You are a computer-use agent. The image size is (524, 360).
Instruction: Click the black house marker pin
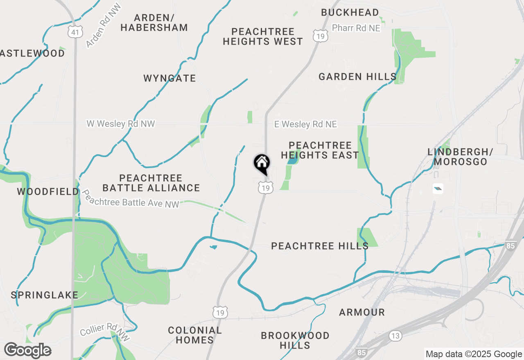coord(262,164)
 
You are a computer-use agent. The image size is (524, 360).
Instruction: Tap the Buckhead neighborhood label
coord(350,12)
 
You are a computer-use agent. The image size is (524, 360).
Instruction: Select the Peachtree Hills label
coord(320,246)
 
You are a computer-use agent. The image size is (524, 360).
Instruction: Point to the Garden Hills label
coord(357,76)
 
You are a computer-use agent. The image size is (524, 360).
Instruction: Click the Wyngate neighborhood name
coord(169,78)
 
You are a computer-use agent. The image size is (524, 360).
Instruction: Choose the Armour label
coord(362,313)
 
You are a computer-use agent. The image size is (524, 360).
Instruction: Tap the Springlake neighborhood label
coord(45,295)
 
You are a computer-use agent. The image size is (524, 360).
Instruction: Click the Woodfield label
coord(48,191)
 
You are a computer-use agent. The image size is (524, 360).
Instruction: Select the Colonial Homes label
coord(195,335)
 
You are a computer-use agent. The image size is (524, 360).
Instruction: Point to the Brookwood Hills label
coord(295,340)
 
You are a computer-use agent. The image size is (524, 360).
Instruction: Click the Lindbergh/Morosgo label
coord(460,157)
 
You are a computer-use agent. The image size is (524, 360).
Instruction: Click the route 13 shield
coord(395,336)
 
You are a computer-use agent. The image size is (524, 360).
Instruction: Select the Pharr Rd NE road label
coord(356,28)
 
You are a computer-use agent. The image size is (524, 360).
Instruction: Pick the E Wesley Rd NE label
coord(305,124)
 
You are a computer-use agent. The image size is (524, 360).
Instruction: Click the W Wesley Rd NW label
coord(121,123)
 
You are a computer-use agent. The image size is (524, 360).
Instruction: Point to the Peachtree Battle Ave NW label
coord(131,198)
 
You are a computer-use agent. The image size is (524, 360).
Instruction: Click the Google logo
coord(27,350)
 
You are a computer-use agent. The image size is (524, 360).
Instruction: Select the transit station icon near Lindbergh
coord(438,189)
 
